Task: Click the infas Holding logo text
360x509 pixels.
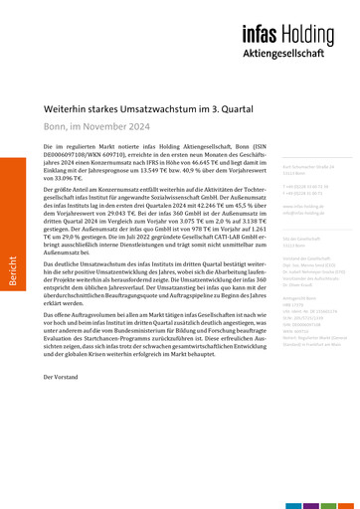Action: (298, 32)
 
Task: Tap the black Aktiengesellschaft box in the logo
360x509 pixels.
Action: (298, 51)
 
